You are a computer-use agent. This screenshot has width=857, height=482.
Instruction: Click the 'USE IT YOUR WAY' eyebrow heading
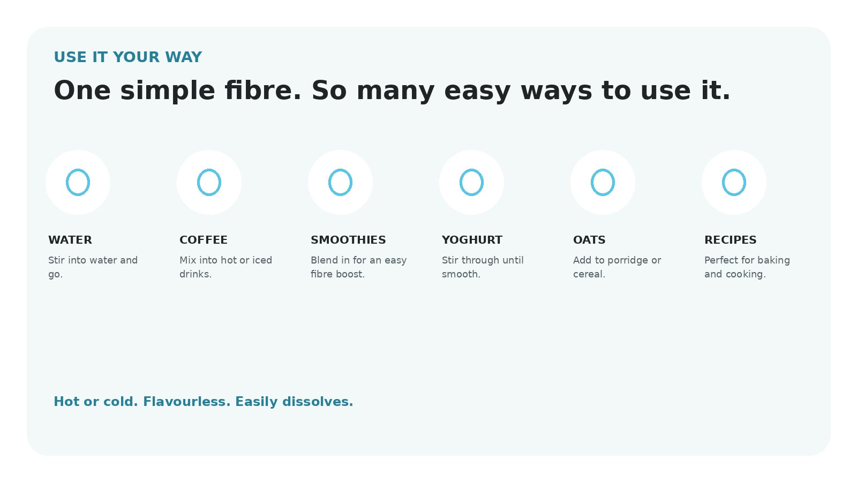click(x=128, y=57)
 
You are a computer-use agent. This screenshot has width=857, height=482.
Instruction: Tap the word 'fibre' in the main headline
click(x=262, y=91)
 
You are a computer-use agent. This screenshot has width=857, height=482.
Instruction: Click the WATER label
click(x=70, y=240)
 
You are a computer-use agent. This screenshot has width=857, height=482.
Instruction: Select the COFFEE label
click(x=204, y=240)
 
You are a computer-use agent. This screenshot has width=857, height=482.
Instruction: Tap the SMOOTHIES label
click(x=348, y=240)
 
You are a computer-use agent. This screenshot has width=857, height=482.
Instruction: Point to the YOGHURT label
click(x=472, y=240)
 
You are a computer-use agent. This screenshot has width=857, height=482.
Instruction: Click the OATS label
click(x=589, y=240)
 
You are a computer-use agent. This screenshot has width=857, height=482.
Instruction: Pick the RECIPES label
click(x=731, y=240)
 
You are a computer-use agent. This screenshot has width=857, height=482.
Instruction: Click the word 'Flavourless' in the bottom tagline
click(x=187, y=402)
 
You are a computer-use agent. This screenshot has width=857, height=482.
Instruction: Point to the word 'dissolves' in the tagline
click(x=318, y=402)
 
